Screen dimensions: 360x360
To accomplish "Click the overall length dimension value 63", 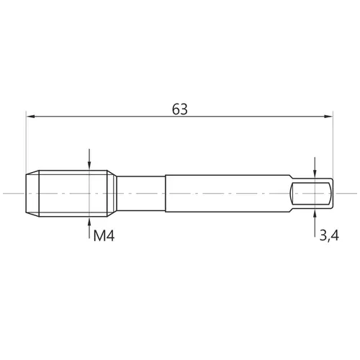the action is (180, 109).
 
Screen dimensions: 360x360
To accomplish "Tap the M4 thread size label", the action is (104, 235).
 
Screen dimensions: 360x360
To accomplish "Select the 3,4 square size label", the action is (329, 235).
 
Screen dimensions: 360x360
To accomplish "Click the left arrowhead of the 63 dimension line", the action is (31, 117).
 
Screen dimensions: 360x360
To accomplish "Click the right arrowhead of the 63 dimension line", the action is (328, 117).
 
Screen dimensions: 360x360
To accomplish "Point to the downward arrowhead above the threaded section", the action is (89, 166).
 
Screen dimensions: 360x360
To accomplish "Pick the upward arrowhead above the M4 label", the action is (89, 221).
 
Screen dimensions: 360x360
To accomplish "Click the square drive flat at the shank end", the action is (311, 194).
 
